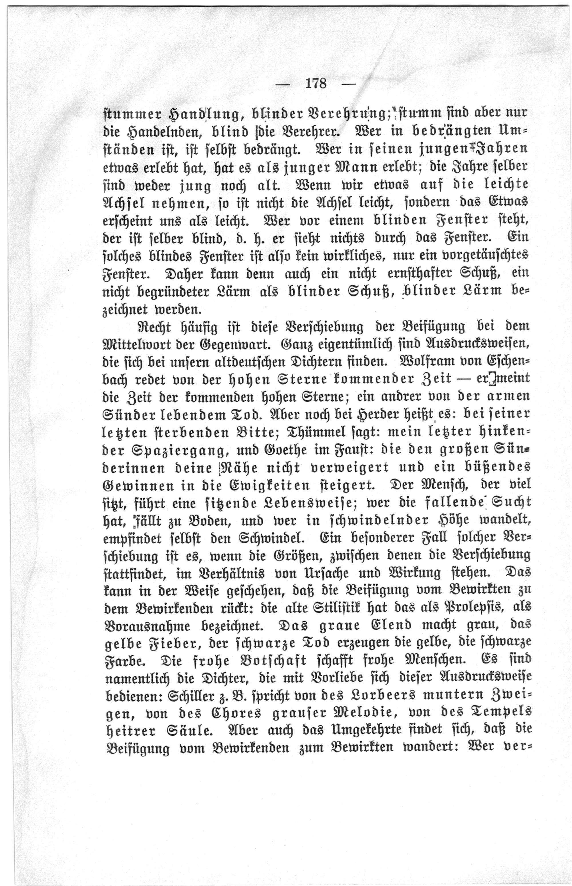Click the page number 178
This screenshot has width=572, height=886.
tap(315, 83)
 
